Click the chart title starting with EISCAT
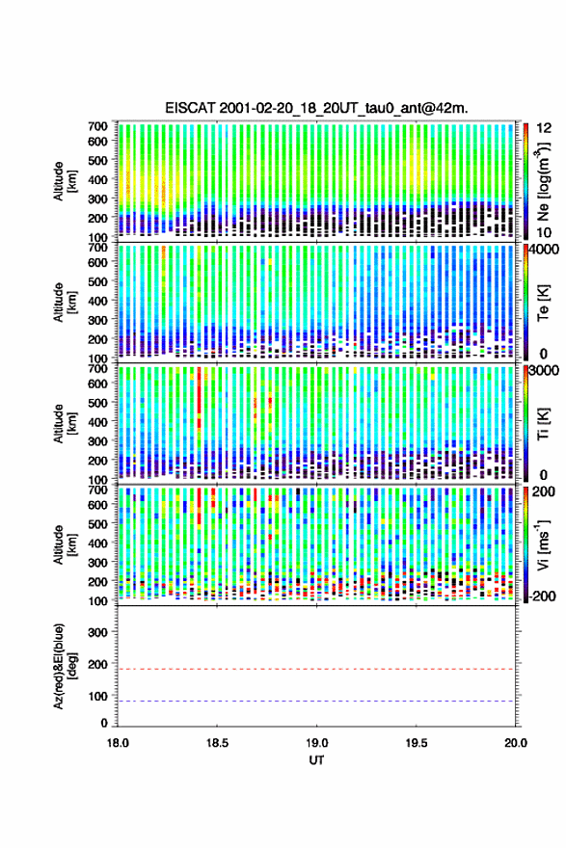(316, 108)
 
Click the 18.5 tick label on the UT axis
(217, 743)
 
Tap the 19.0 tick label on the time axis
(316, 743)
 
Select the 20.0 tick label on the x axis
(516, 743)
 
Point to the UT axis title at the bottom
(316, 760)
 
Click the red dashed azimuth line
(316, 669)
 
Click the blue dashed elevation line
(316, 702)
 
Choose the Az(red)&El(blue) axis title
(65, 666)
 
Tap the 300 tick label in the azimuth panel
(98, 632)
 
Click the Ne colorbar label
(543, 182)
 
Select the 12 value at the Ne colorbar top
(544, 128)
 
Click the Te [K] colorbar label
(543, 303)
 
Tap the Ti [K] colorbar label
(543, 423)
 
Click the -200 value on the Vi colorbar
(541, 596)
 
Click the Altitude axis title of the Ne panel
(65, 181)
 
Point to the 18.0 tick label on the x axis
(118, 743)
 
